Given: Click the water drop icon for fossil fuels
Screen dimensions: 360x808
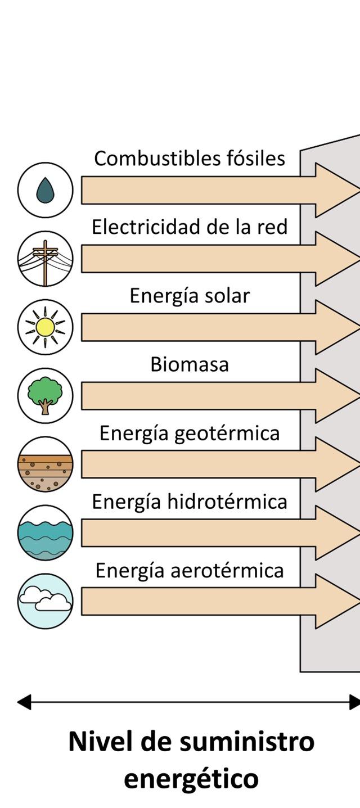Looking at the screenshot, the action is point(45,190).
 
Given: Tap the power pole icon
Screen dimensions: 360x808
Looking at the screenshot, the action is point(45,259).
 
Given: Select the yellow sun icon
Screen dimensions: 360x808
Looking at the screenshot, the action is point(45,327).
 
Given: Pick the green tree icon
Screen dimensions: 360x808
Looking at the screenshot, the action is point(45,395).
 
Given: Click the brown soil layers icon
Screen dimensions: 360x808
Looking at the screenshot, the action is point(45,464).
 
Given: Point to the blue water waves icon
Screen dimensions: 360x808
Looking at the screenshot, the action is point(45,532).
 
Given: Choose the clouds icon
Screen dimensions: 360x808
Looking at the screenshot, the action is point(45,601).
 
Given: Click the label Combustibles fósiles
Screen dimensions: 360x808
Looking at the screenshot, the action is point(190,159).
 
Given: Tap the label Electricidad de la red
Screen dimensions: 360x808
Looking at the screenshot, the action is point(190,227).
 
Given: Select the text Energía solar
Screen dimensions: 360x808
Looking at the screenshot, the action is point(190,296).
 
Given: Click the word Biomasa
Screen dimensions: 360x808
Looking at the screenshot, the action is point(190,364).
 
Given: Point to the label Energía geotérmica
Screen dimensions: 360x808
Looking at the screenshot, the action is point(190,434).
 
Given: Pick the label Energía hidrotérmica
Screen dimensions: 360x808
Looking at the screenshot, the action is point(190,502).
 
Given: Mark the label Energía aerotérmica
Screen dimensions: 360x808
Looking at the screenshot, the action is point(190,570).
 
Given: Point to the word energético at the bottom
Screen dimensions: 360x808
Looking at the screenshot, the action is point(191,779).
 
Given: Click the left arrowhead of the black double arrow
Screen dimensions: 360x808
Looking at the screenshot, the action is point(24,702).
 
